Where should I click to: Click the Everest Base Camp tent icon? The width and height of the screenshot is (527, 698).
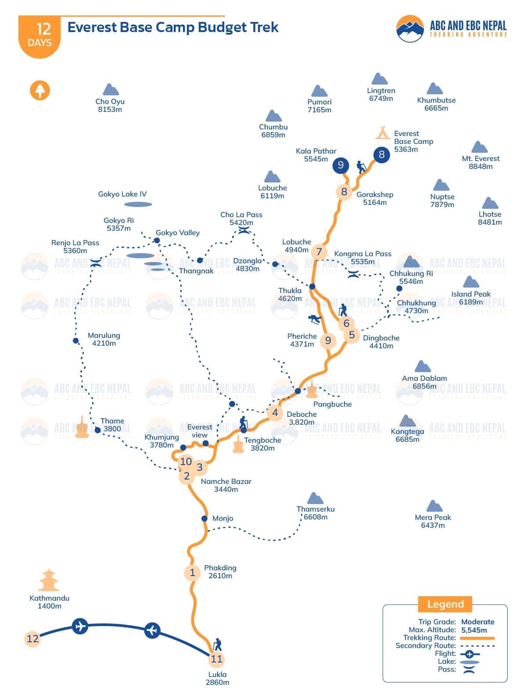[x=383, y=132]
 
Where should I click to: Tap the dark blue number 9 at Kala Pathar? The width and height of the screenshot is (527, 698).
[x=341, y=165]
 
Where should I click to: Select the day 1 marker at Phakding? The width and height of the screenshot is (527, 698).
[x=192, y=573]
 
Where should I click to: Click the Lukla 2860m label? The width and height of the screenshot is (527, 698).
[x=218, y=678]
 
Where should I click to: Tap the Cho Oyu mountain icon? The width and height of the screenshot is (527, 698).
[x=111, y=90]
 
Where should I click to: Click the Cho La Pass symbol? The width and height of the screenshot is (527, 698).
[x=244, y=230]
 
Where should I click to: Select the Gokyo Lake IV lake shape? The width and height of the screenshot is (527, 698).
[x=138, y=204]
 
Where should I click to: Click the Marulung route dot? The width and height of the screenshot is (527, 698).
[x=76, y=340]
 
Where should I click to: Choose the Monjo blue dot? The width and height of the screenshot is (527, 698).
[x=204, y=519]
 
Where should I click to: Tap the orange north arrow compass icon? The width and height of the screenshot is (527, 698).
[x=40, y=90]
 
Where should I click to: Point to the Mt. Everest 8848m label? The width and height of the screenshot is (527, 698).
[x=480, y=162]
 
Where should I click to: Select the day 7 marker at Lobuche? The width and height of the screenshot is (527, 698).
[x=319, y=252]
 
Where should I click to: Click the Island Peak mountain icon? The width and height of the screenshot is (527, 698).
[x=471, y=282]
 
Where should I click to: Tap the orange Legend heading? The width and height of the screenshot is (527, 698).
[x=445, y=604]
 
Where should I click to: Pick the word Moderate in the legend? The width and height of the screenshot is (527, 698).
[x=477, y=622]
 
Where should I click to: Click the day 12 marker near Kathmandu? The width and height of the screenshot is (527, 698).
[x=32, y=639]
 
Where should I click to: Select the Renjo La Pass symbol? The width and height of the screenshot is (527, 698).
[x=96, y=263]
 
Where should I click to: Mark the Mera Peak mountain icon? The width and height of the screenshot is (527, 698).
[x=434, y=506]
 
